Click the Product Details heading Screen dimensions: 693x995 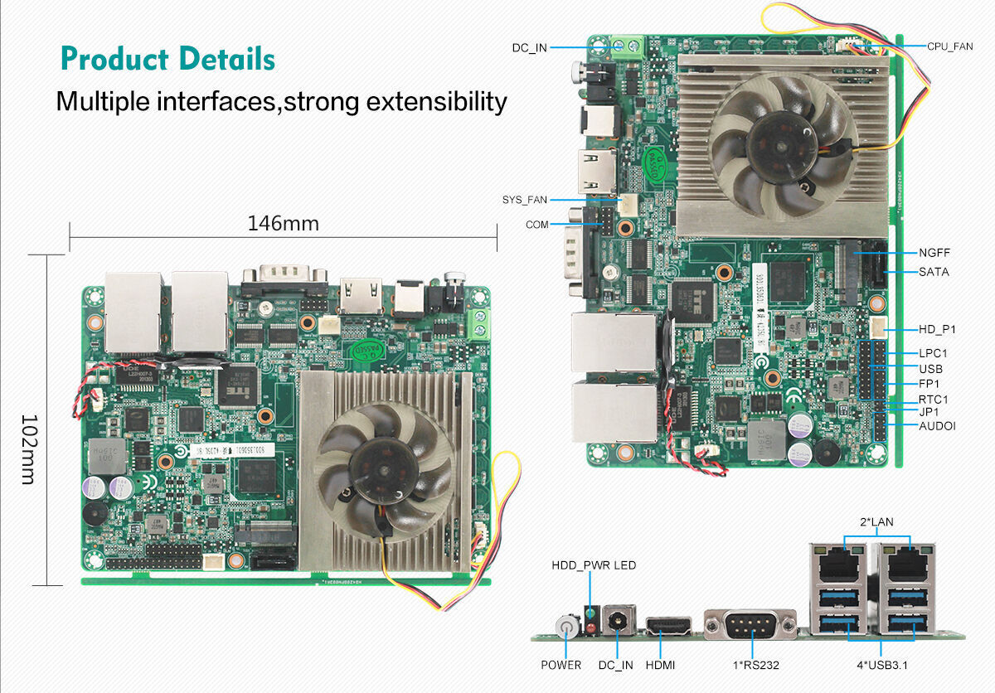click(x=167, y=60)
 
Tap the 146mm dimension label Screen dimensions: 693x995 click(x=283, y=224)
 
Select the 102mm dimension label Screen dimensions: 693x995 click(x=27, y=450)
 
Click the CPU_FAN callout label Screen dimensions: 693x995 click(x=950, y=46)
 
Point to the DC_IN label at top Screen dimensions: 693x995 click(x=529, y=48)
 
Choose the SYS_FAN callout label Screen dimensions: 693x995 click(x=525, y=200)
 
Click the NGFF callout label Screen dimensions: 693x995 click(x=934, y=253)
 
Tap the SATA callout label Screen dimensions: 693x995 click(x=934, y=272)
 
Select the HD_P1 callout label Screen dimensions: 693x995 click(x=937, y=329)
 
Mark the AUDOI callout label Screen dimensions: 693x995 click(x=937, y=426)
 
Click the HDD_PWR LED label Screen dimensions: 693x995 click(x=594, y=565)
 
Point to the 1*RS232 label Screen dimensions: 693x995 click(x=751, y=665)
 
